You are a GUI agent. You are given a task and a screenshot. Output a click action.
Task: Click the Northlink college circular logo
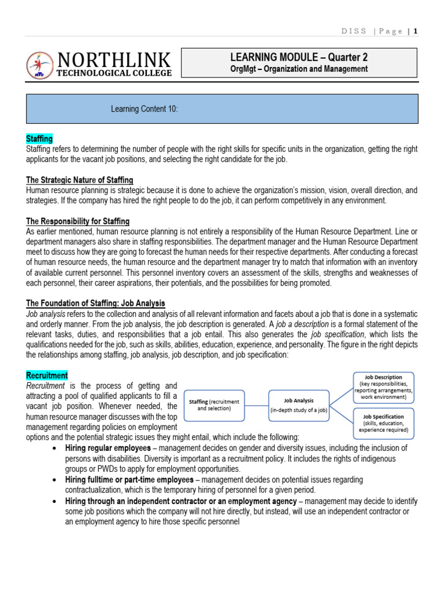tap(40, 65)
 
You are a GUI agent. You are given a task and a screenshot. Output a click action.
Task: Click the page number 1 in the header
tap(415, 31)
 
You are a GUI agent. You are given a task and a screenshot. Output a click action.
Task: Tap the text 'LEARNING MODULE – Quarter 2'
tap(299, 57)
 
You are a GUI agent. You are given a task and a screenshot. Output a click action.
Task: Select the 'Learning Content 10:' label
tap(143, 109)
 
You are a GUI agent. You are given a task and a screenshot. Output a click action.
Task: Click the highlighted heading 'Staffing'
tap(39, 139)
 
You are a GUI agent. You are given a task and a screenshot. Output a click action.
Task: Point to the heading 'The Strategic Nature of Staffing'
tap(80, 180)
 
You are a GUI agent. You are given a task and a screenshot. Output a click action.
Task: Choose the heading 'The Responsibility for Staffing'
tap(78, 221)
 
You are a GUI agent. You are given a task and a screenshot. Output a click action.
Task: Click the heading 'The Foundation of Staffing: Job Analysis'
tap(95, 303)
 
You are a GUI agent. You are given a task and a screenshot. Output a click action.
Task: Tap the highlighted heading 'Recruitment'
tap(47, 375)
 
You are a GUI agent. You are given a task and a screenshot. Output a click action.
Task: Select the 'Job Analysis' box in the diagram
tap(299, 404)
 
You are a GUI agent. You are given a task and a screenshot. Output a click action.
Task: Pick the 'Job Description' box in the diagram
tap(383, 387)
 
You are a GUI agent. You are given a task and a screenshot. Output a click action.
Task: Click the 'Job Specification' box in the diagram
tap(383, 423)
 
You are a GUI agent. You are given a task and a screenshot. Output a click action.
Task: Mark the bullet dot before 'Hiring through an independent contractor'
tap(54, 501)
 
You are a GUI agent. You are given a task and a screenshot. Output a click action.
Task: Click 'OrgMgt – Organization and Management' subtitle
tap(299, 69)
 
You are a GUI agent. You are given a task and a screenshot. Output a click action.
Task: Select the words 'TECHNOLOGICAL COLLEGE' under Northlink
tap(114, 73)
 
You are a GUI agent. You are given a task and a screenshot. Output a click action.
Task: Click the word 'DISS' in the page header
tap(355, 31)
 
